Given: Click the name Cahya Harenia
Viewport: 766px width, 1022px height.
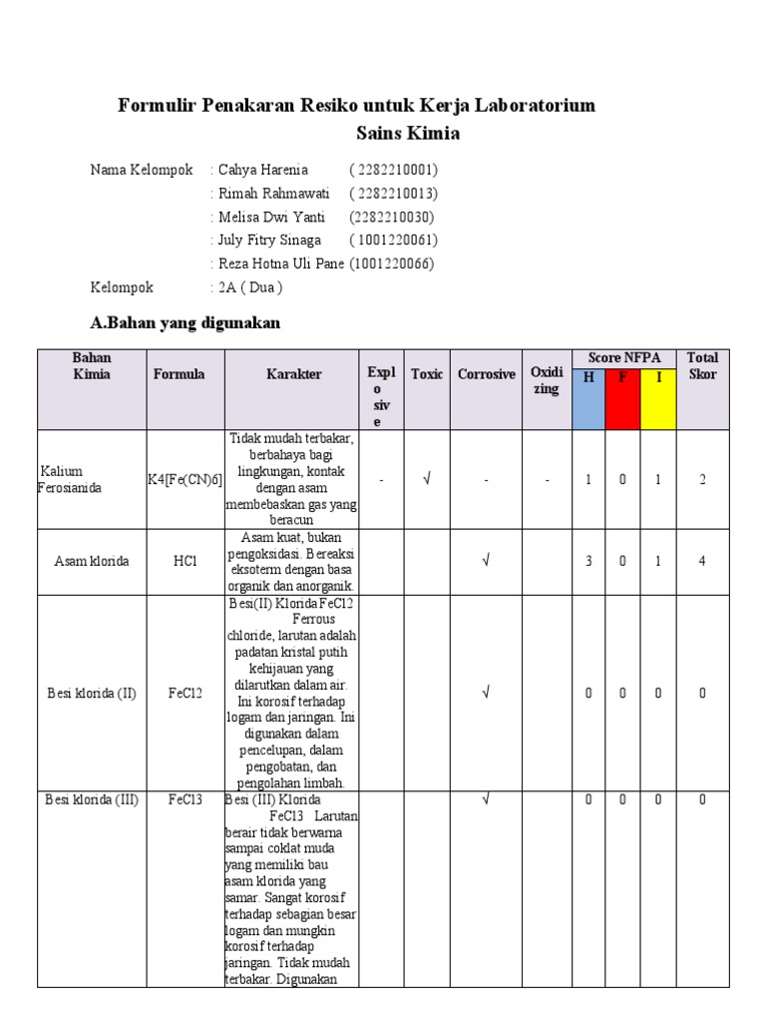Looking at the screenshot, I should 263,170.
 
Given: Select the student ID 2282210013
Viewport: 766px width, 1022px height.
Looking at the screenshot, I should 394,194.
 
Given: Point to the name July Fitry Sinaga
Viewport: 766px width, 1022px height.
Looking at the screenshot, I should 269,240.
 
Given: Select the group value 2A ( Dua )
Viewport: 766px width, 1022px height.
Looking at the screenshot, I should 250,287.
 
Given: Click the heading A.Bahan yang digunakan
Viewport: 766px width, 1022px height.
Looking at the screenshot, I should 185,322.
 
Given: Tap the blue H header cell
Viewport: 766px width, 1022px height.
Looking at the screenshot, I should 588,377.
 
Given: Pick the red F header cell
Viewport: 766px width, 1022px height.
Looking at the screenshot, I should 622,377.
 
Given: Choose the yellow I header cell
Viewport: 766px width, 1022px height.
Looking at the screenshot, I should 657,377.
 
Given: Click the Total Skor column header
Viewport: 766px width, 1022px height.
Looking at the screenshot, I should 702,366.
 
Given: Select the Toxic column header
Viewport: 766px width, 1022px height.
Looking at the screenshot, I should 427,374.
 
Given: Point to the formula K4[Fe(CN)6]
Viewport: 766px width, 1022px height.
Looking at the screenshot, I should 186,480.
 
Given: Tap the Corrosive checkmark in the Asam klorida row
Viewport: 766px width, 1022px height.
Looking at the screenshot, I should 486,561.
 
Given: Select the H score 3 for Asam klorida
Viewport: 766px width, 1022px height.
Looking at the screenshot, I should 588,561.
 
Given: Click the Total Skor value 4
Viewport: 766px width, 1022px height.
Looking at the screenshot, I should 702,561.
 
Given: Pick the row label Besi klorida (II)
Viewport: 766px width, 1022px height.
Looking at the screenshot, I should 92,694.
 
